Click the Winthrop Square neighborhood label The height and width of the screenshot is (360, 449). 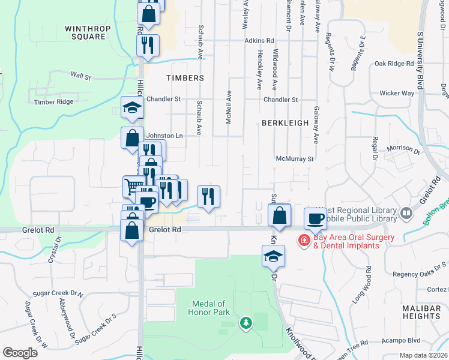click(x=85, y=32)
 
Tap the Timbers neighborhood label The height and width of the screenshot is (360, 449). click(x=185, y=78)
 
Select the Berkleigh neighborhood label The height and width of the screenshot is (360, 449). click(x=285, y=122)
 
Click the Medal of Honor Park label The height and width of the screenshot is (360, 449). click(x=209, y=308)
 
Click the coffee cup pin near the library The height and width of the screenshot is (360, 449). click(x=315, y=218)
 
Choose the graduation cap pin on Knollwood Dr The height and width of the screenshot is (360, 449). click(x=273, y=256)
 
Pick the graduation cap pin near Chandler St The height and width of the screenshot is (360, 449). click(x=132, y=108)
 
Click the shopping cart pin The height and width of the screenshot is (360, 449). click(x=133, y=185)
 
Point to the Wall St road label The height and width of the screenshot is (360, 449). click(x=80, y=76)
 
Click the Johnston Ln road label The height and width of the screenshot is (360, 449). click(x=164, y=136)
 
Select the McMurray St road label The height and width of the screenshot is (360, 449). click(x=295, y=159)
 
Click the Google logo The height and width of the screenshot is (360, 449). click(x=20, y=353)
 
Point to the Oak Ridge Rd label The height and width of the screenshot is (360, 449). click(x=394, y=63)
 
